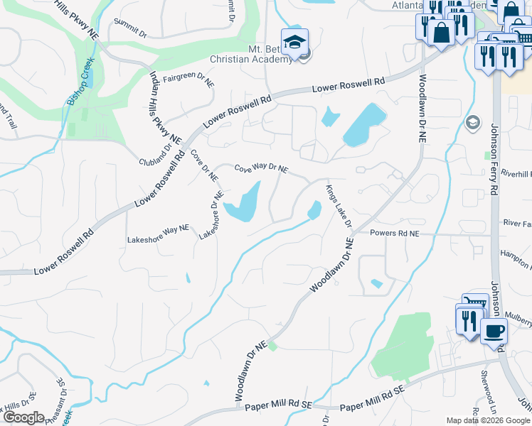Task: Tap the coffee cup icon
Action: pyautogui.click(x=494, y=331)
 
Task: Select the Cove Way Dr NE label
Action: pyautogui.click(x=261, y=168)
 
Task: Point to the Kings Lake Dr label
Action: pyautogui.click(x=339, y=206)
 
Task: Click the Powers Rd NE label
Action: pyautogui.click(x=395, y=233)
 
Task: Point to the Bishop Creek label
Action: pyautogui.click(x=80, y=83)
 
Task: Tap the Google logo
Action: pyautogui.click(x=23, y=417)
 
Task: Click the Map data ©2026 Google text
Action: pyautogui.click(x=488, y=420)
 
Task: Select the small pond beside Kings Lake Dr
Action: pyautogui.click(x=314, y=210)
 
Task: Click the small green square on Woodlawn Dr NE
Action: pyautogui.click(x=272, y=346)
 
